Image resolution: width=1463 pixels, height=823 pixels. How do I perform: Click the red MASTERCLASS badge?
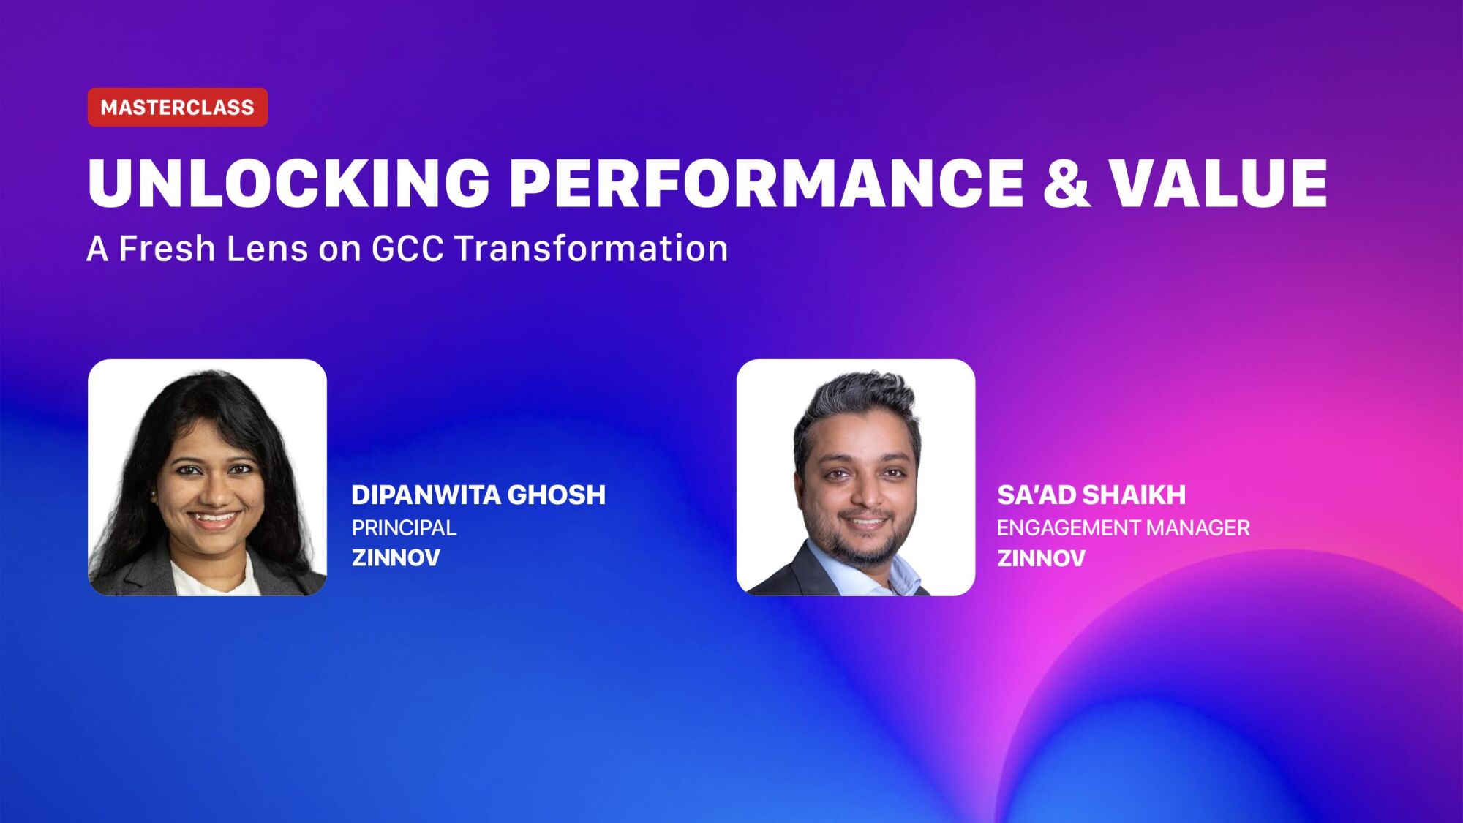(x=178, y=108)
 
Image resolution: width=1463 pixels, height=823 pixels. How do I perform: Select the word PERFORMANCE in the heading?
(x=766, y=183)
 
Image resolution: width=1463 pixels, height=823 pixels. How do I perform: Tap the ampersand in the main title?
(x=1067, y=183)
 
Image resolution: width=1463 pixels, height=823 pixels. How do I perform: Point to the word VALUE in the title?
(x=1218, y=183)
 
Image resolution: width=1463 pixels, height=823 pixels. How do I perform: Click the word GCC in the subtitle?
(x=407, y=249)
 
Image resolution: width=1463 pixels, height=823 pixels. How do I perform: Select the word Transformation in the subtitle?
(x=591, y=249)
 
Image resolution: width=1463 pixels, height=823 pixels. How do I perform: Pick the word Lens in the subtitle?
(x=267, y=249)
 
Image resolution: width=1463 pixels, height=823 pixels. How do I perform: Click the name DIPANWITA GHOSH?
(x=478, y=495)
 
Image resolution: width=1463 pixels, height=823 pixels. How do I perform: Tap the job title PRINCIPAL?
(x=404, y=527)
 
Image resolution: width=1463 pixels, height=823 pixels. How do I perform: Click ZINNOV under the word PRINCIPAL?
(x=396, y=558)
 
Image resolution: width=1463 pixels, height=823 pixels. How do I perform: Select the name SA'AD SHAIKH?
(x=1091, y=495)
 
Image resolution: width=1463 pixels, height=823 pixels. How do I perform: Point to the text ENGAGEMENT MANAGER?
(x=1123, y=527)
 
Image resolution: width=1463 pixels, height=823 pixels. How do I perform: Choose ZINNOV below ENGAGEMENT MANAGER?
(x=1041, y=558)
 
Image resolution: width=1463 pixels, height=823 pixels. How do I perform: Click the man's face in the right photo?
(x=863, y=483)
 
